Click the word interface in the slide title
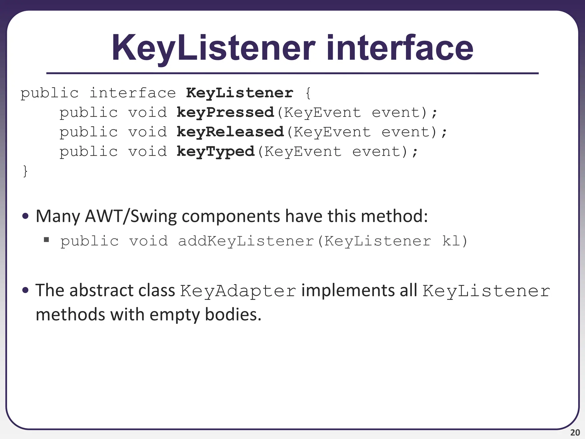400,48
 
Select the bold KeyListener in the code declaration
239,93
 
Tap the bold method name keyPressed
225,113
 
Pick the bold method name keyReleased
230,132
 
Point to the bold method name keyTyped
215,151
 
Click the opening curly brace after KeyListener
308,93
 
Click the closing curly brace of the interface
25,171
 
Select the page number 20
575,432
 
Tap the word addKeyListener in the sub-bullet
246,241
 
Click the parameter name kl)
454,241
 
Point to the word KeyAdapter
238,291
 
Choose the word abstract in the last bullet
101,291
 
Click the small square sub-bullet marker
47,240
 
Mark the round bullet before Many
25,216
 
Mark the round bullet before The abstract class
25,291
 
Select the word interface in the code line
133,93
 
